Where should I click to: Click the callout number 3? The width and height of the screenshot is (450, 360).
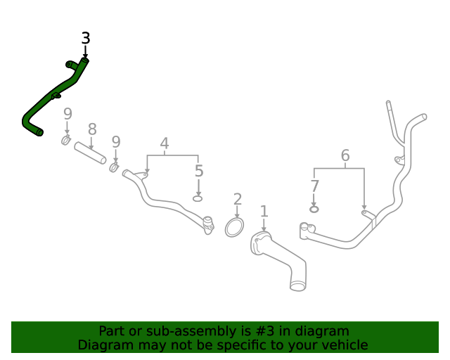(86, 39)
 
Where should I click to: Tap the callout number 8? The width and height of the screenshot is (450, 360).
(92, 129)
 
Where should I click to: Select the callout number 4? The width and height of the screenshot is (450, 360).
(165, 144)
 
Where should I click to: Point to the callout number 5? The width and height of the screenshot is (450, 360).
(199, 171)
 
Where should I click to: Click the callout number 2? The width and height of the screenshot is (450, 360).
(238, 199)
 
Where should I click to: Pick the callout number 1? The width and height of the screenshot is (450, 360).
(264, 211)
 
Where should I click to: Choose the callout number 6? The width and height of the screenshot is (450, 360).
(345, 155)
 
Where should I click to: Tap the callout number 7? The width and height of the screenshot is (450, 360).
(314, 186)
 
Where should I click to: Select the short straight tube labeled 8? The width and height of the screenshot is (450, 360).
(90, 153)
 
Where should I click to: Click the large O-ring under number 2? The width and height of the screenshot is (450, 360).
(234, 227)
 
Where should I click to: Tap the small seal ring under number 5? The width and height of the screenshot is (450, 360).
(198, 199)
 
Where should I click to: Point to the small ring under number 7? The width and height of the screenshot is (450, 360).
(314, 209)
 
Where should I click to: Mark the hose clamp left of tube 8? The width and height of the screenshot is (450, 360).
(66, 141)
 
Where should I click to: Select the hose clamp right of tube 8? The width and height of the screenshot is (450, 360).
(115, 167)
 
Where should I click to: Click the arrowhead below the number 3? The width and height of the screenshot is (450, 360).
(86, 56)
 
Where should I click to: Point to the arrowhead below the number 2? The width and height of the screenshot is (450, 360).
(238, 214)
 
